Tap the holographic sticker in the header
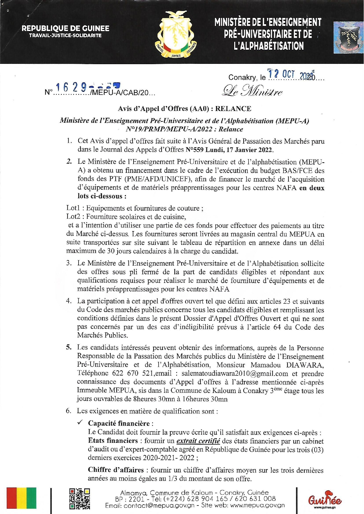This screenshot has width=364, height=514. pyautogui.click(x=348, y=37)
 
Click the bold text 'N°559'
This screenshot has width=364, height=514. pyautogui.click(x=195, y=150)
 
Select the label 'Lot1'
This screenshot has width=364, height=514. pyautogui.click(x=73, y=208)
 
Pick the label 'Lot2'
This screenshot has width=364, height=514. pyautogui.click(x=73, y=217)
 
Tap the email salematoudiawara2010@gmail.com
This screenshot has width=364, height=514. pyautogui.click(x=235, y=373)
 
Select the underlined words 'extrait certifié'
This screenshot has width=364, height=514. pyautogui.click(x=198, y=441)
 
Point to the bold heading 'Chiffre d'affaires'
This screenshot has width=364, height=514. pyautogui.click(x=116, y=470)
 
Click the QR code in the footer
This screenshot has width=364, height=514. pyautogui.click(x=79, y=498)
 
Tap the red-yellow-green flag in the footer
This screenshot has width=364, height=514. pyautogui.click(x=21, y=498)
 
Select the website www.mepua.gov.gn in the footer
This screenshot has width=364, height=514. pyautogui.click(x=257, y=505)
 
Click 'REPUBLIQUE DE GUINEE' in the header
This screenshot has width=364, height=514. pyautogui.click(x=65, y=28)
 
